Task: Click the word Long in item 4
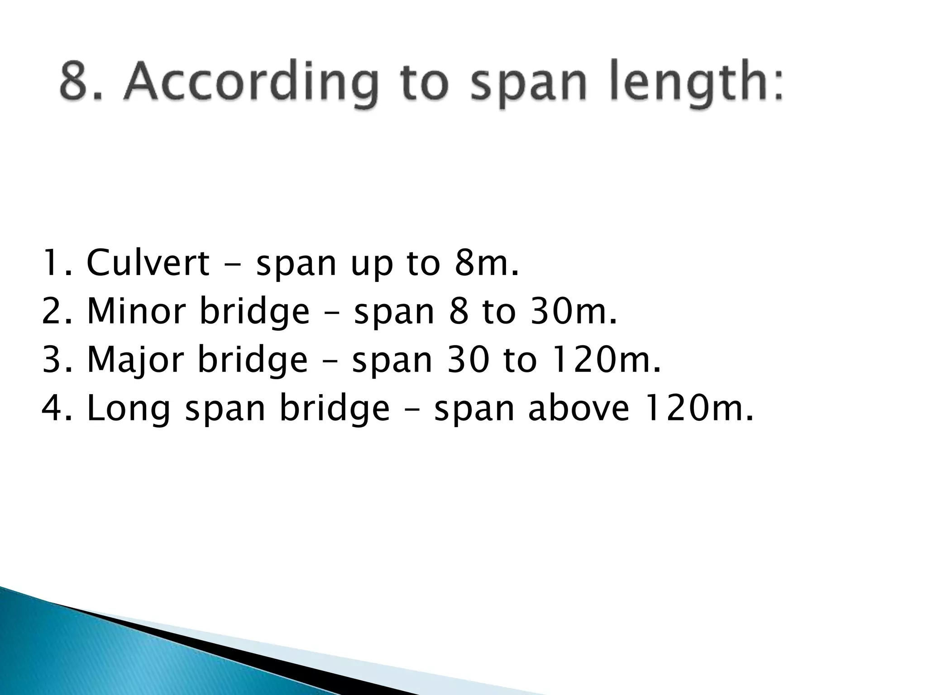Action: pos(129,409)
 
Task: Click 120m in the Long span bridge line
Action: pos(697,408)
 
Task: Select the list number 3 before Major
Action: pos(53,360)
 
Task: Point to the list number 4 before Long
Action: pos(53,408)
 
